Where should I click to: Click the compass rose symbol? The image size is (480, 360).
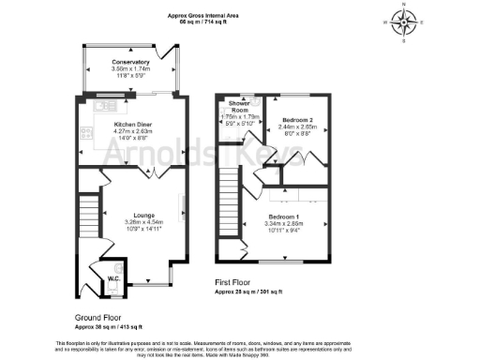(403, 22)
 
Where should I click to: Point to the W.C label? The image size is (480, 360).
(112, 277)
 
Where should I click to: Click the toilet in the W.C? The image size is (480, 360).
(115, 266)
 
